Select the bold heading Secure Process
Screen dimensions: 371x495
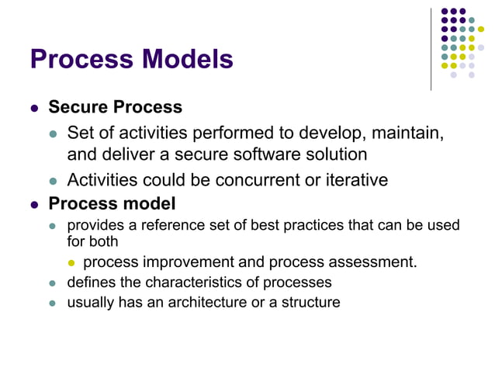pos(116,107)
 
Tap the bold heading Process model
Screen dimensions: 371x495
pos(112,204)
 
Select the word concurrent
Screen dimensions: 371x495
pos(255,180)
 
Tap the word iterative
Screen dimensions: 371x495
pos(349,180)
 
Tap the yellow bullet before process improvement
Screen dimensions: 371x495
pos(73,263)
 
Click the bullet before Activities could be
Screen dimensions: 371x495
pos(54,181)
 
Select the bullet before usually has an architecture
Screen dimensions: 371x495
pos(54,303)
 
